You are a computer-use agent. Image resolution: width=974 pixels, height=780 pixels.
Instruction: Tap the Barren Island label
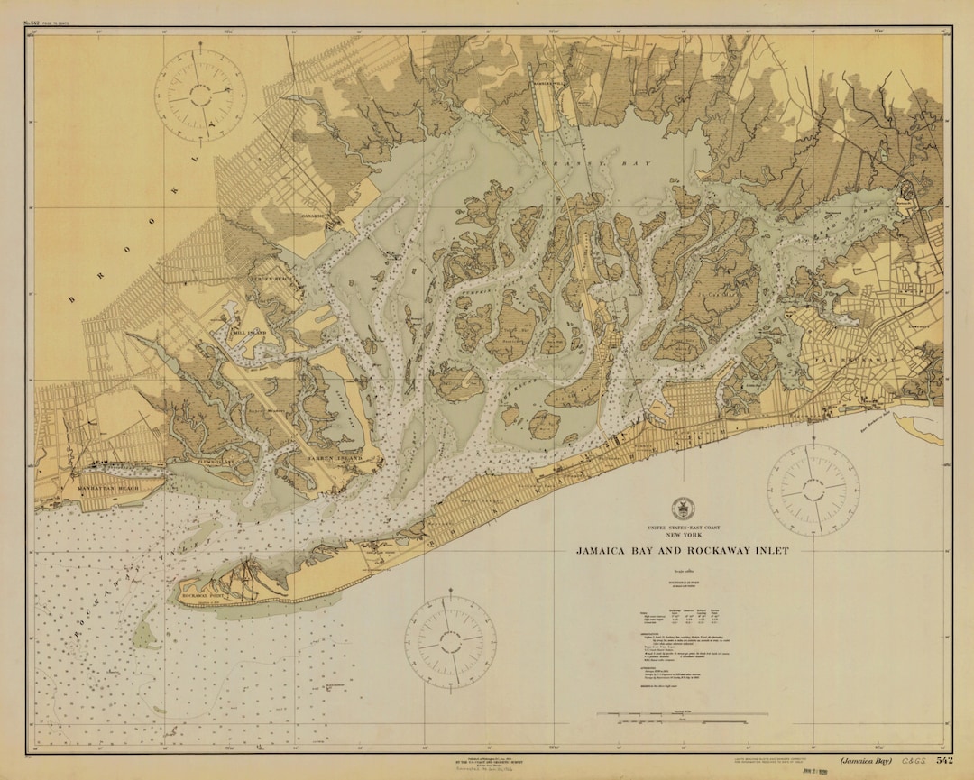tap(337, 458)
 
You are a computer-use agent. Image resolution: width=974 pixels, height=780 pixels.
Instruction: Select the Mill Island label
tap(252, 332)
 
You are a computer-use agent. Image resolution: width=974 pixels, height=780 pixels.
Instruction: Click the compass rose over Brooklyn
tap(200, 95)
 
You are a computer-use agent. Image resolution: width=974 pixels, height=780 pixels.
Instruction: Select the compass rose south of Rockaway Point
tap(449, 642)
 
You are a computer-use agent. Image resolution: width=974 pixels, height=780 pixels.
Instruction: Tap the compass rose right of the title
tap(813, 491)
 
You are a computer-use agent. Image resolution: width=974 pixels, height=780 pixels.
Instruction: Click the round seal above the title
tap(682, 508)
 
